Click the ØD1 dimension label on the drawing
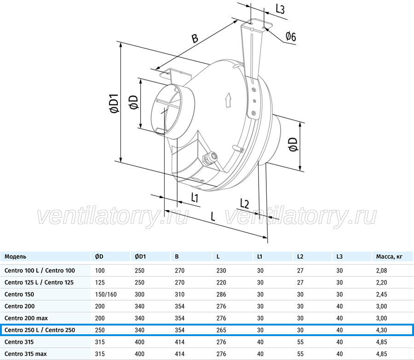(115, 103)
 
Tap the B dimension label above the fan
(195, 38)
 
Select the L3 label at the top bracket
(280, 9)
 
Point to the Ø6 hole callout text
(291, 36)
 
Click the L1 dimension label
(195, 197)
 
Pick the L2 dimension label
(244, 204)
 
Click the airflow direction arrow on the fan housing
(228, 100)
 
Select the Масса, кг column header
(389, 257)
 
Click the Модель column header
(15, 257)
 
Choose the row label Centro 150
(19, 294)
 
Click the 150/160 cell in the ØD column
(106, 294)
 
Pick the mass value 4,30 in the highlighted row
(381, 330)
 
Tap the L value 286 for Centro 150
(221, 294)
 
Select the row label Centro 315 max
(26, 354)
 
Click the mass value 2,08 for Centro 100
(381, 270)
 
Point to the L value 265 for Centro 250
(221, 330)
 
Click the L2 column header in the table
(300, 257)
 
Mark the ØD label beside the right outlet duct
(293, 144)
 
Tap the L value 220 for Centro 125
(221, 282)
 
